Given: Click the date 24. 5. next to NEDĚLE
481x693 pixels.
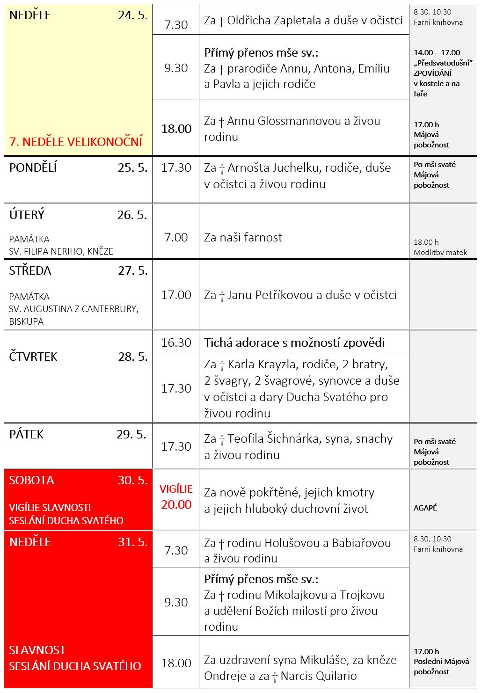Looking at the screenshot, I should coord(132,15).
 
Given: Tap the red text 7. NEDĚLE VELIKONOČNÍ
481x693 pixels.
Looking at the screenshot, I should coord(76,141).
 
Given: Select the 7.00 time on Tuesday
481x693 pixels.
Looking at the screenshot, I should coord(176,237).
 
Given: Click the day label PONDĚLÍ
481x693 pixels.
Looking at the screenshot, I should coord(33,168).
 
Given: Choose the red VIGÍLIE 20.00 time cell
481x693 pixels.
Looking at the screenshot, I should coord(176,497).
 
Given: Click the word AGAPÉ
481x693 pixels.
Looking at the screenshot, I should coord(425,508).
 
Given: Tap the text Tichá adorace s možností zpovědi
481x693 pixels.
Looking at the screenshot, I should coord(294,343).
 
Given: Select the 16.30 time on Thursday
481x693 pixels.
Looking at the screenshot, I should coord(176,343).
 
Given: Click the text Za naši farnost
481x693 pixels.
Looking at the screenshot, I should coord(243,237).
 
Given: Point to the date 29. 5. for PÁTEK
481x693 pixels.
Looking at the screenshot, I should coord(131,434).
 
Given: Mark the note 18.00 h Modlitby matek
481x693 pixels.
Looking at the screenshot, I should coord(440,248).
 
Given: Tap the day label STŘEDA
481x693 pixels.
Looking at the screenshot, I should coord(30,270).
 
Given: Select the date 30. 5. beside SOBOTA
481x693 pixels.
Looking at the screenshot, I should coord(132,480).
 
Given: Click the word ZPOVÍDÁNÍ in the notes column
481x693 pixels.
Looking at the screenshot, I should coord(432,73).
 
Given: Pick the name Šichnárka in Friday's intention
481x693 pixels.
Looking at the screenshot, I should coord(297,438).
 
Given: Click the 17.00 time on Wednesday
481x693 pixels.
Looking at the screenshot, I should coord(176,295).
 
